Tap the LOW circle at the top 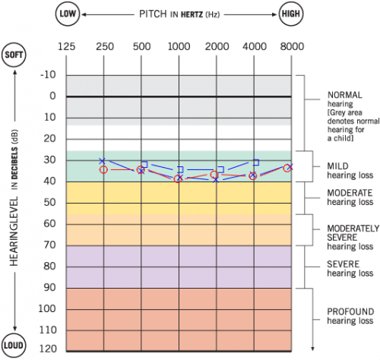66,14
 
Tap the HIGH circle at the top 290,14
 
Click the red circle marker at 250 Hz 103,169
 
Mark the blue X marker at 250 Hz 103,161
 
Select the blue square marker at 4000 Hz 256,163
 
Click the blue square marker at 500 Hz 144,164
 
